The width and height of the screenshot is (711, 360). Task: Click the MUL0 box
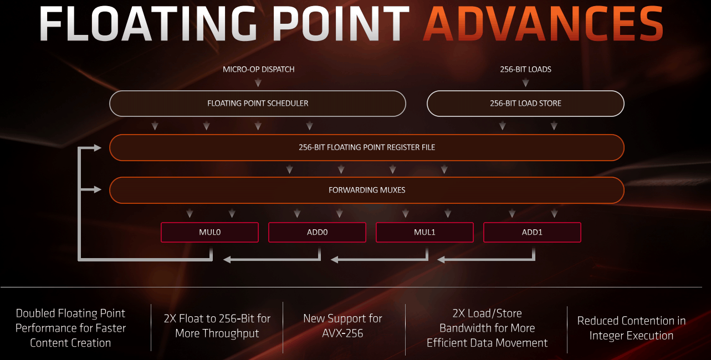(209, 232)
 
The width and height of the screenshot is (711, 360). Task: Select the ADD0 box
(317, 232)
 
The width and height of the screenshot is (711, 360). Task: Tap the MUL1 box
(424, 232)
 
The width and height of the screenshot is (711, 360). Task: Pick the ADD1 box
(532, 232)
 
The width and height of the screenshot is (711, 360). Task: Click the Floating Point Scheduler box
(258, 104)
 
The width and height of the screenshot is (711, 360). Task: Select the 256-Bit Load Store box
(526, 104)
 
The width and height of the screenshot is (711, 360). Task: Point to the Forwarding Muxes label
(367, 190)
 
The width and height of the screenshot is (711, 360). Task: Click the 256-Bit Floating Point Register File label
(367, 147)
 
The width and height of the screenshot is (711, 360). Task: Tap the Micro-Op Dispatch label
(258, 69)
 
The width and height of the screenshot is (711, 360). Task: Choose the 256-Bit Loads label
(526, 69)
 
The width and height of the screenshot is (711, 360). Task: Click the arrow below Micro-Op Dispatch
(258, 83)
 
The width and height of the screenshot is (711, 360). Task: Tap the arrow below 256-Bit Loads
(526, 83)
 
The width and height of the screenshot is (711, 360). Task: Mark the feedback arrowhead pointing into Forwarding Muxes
(98, 189)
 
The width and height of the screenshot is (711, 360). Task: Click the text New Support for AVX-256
(342, 326)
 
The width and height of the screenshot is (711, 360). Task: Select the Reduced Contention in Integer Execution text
(631, 328)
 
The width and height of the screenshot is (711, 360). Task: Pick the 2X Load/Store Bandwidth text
(487, 328)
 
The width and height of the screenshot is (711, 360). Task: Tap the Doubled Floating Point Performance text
(70, 328)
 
